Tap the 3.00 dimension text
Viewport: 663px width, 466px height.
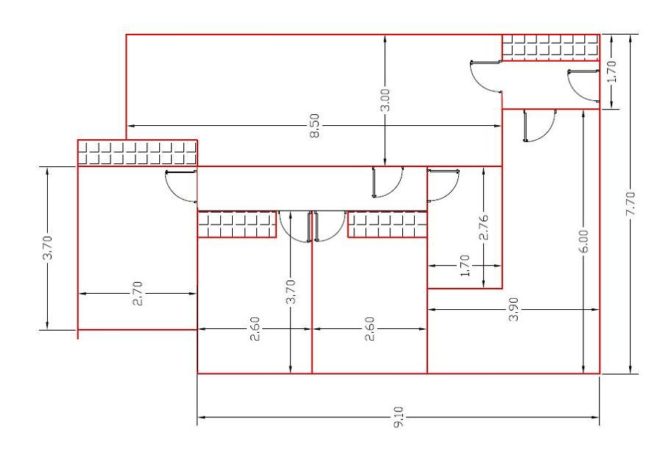pyautogui.click(x=385, y=100)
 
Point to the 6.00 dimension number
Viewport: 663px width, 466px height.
pyautogui.click(x=583, y=241)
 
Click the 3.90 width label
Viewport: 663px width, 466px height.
pyautogui.click(x=514, y=309)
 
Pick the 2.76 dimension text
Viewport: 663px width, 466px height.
pyautogui.click(x=483, y=227)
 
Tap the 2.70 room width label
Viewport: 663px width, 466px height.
pyautogui.click(x=138, y=293)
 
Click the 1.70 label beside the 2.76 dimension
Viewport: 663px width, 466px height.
pyautogui.click(x=464, y=266)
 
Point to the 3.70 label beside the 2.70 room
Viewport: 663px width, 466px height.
pyautogui.click(x=48, y=248)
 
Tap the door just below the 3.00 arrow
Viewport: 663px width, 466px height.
pyautogui.click(x=387, y=182)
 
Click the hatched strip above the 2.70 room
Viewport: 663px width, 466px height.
pyautogui.click(x=137, y=152)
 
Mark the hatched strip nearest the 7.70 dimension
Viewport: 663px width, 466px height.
pyautogui.click(x=550, y=47)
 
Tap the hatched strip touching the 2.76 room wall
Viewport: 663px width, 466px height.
pyautogui.click(x=387, y=225)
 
